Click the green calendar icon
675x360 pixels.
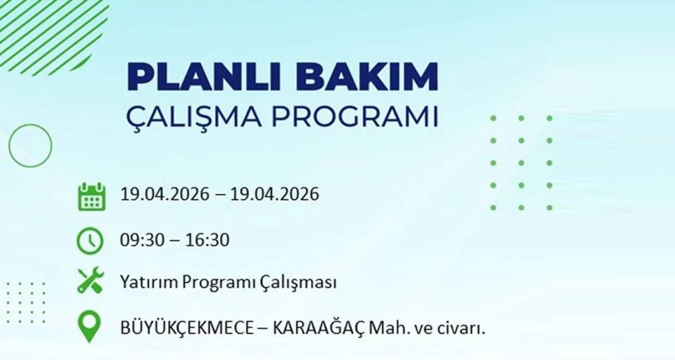click(91, 196)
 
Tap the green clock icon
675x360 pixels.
click(90, 241)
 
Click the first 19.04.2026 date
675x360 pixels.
click(164, 194)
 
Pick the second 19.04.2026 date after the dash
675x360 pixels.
click(275, 194)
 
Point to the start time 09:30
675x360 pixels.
click(140, 240)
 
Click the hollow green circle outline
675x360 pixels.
click(30, 146)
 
